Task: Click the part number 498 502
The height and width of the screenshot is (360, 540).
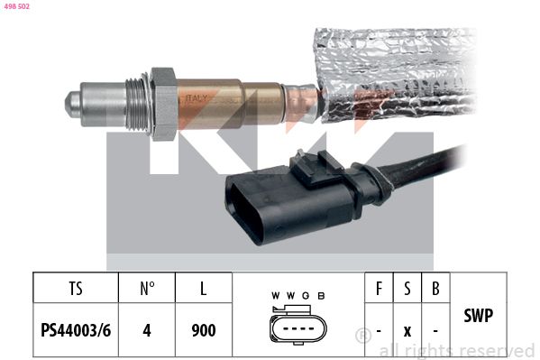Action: [16, 6]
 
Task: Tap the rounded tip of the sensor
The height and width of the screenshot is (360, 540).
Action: [71, 104]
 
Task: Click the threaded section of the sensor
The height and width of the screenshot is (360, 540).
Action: [137, 103]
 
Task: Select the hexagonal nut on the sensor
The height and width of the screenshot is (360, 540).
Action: [164, 104]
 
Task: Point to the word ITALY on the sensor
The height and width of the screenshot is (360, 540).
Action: [197, 98]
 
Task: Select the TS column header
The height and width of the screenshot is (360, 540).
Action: [76, 289]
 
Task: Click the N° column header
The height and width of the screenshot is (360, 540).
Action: [147, 289]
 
